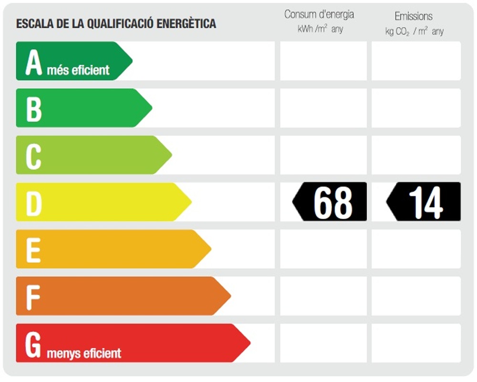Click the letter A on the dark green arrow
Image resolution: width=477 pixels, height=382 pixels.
tap(34, 62)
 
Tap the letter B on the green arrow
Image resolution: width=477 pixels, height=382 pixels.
tap(34, 109)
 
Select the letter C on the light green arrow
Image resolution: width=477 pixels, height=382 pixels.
tap(33, 156)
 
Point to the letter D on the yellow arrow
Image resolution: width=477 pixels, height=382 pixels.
tap(34, 202)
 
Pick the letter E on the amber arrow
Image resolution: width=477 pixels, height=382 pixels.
tap(33, 249)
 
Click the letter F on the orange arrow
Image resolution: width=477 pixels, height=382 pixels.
tap(33, 297)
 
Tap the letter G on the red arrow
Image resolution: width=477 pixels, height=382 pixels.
tap(33, 345)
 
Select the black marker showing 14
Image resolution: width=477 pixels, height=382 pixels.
tap(424, 202)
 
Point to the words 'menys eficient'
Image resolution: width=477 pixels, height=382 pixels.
tap(84, 353)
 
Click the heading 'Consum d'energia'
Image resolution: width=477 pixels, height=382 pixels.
tap(319, 14)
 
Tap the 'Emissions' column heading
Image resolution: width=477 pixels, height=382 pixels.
tap(414, 16)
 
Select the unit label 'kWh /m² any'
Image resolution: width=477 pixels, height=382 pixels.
tap(320, 29)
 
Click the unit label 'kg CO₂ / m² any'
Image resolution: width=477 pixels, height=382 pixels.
tap(414, 32)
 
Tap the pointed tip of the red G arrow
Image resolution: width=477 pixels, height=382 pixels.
tap(249, 342)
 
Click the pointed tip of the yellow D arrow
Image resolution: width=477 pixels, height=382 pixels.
tap(190, 202)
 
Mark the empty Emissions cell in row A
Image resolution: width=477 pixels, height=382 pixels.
tap(416, 61)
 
